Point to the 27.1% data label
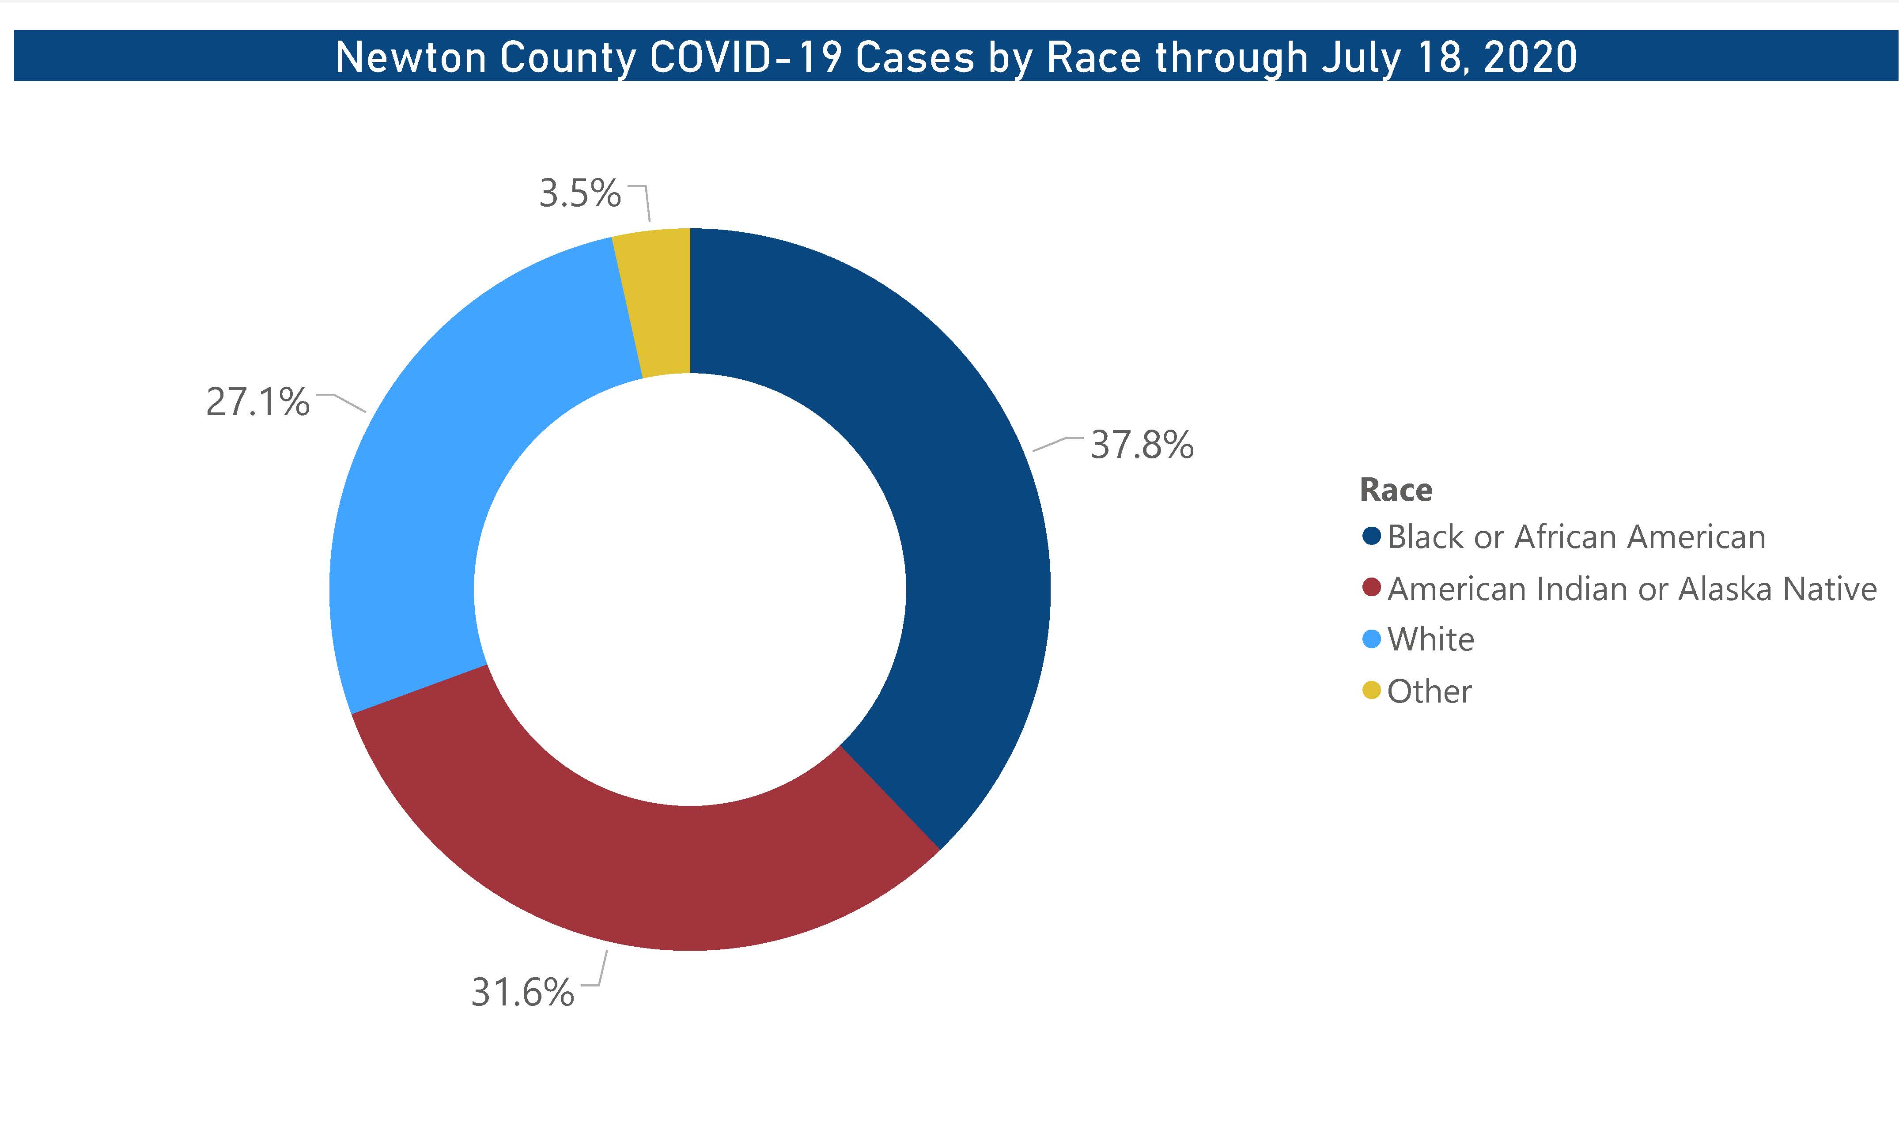tap(258, 402)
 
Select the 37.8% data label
tap(1142, 446)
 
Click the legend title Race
tap(1396, 490)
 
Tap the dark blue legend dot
tap(1371, 537)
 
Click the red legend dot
tap(1371, 588)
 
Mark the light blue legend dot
tap(1371, 639)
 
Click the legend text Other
tap(1430, 691)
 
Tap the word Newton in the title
tap(410, 58)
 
